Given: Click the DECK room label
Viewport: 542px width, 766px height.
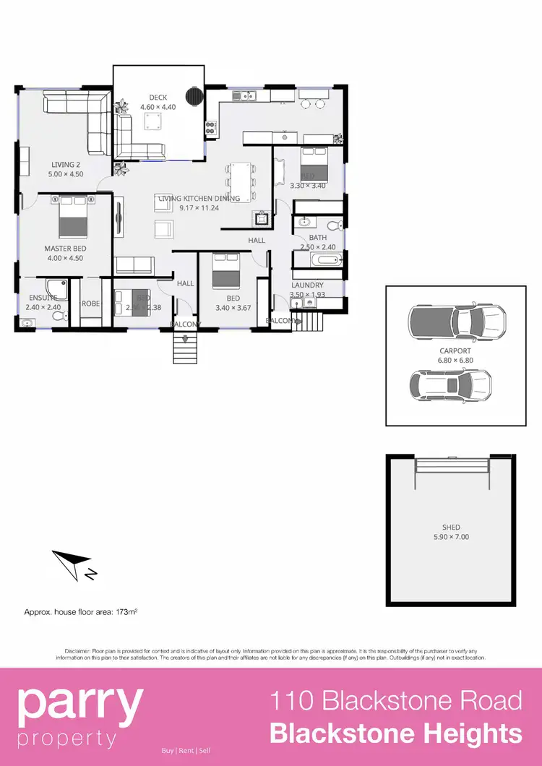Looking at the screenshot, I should click(x=158, y=98).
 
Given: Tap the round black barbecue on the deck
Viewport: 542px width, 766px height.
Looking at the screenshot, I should click(x=194, y=96).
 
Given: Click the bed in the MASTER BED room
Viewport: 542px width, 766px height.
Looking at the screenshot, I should click(x=74, y=217).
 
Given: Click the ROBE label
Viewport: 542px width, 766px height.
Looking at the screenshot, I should click(x=90, y=304).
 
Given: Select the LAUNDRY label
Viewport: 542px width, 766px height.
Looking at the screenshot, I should click(x=307, y=285).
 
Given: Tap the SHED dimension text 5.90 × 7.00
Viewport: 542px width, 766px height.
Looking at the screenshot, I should click(x=451, y=537).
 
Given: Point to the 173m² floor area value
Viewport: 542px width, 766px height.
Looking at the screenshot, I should click(x=127, y=612).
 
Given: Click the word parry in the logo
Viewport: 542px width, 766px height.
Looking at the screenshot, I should click(x=79, y=704).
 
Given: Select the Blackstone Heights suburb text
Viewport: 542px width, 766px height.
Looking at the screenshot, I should click(x=395, y=733).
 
